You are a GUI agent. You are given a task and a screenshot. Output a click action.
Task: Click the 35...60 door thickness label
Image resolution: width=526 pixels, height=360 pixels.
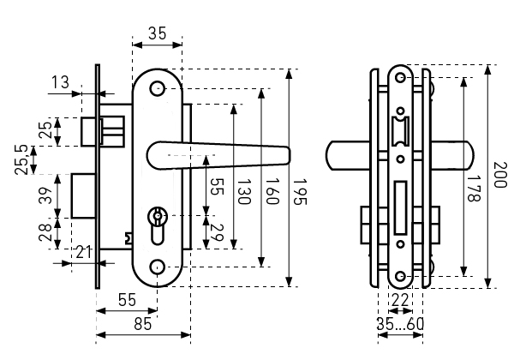(400, 324)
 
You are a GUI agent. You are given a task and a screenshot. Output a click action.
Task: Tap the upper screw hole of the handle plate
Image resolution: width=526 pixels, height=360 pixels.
(157, 89)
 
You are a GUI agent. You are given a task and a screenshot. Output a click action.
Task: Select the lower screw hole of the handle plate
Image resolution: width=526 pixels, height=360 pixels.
(157, 268)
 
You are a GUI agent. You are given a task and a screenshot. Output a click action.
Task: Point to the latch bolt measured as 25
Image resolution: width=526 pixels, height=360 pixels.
(88, 130)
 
